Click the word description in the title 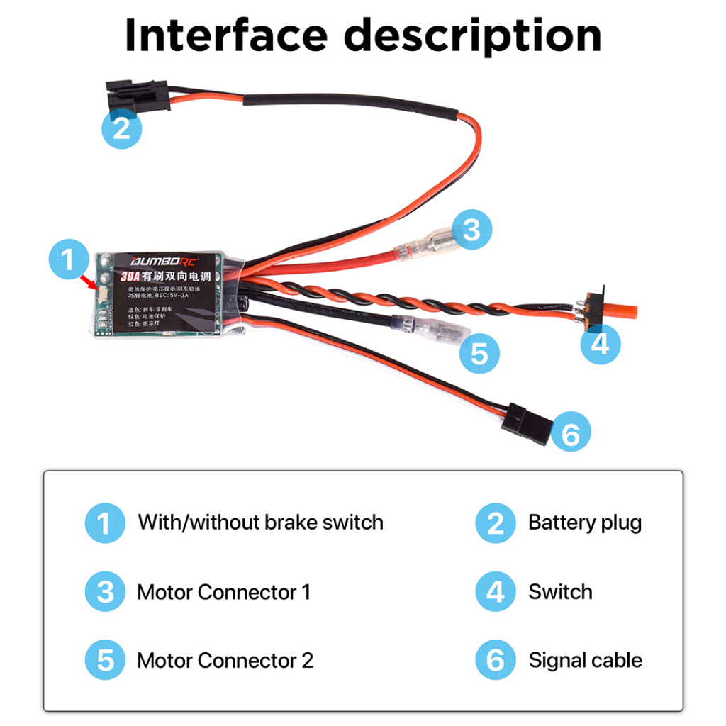coord(474,35)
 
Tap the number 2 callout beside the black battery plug coord(121,129)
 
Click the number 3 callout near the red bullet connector coord(471,230)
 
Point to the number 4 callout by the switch coord(600,345)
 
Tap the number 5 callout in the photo coord(479,352)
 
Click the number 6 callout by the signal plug coord(570,433)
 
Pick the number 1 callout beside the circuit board coord(68,259)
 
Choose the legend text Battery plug coord(584,523)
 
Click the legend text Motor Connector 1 coord(223,591)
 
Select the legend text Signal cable coord(585,660)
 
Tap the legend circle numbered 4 coord(495,591)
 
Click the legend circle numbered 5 coord(105,660)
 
